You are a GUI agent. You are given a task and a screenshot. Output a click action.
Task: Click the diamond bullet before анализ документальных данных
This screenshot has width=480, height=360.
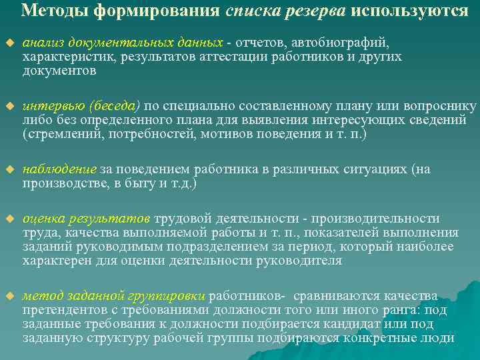pyautogui.click(x=9, y=43)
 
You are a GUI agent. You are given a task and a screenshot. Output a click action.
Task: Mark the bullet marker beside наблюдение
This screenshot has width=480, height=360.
pyautogui.click(x=9, y=170)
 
